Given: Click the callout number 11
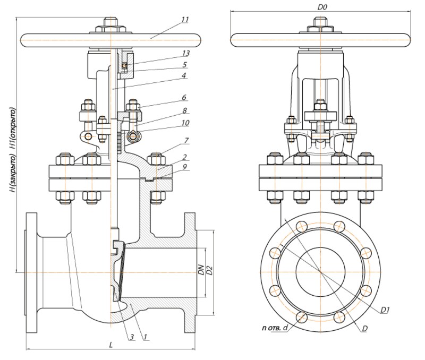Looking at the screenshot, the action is pos(185,20).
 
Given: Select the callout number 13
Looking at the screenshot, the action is pos(185,54).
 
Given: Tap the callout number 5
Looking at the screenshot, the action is pos(185,65).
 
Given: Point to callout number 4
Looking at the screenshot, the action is pos(184,75).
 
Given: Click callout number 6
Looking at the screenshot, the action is pos(184,97).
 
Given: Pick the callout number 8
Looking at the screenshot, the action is pos(184,110).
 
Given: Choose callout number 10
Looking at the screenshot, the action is pos(185,123).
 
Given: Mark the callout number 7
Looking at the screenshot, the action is pos(186,141).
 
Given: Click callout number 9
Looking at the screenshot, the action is pos(184,167).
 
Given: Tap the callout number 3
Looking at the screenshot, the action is pos(131,337).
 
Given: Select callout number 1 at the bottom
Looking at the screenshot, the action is pos(145,337).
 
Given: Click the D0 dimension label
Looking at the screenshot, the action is pos(322,7).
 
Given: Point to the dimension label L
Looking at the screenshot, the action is pos(110,345).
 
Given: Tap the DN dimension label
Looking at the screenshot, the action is pos(201,269).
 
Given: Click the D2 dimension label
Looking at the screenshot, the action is pos(209,270).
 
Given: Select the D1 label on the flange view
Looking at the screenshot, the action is pos(385,310).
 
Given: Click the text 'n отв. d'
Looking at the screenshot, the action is pos(275,328).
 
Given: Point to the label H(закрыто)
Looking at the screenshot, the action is pos(12,174).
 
